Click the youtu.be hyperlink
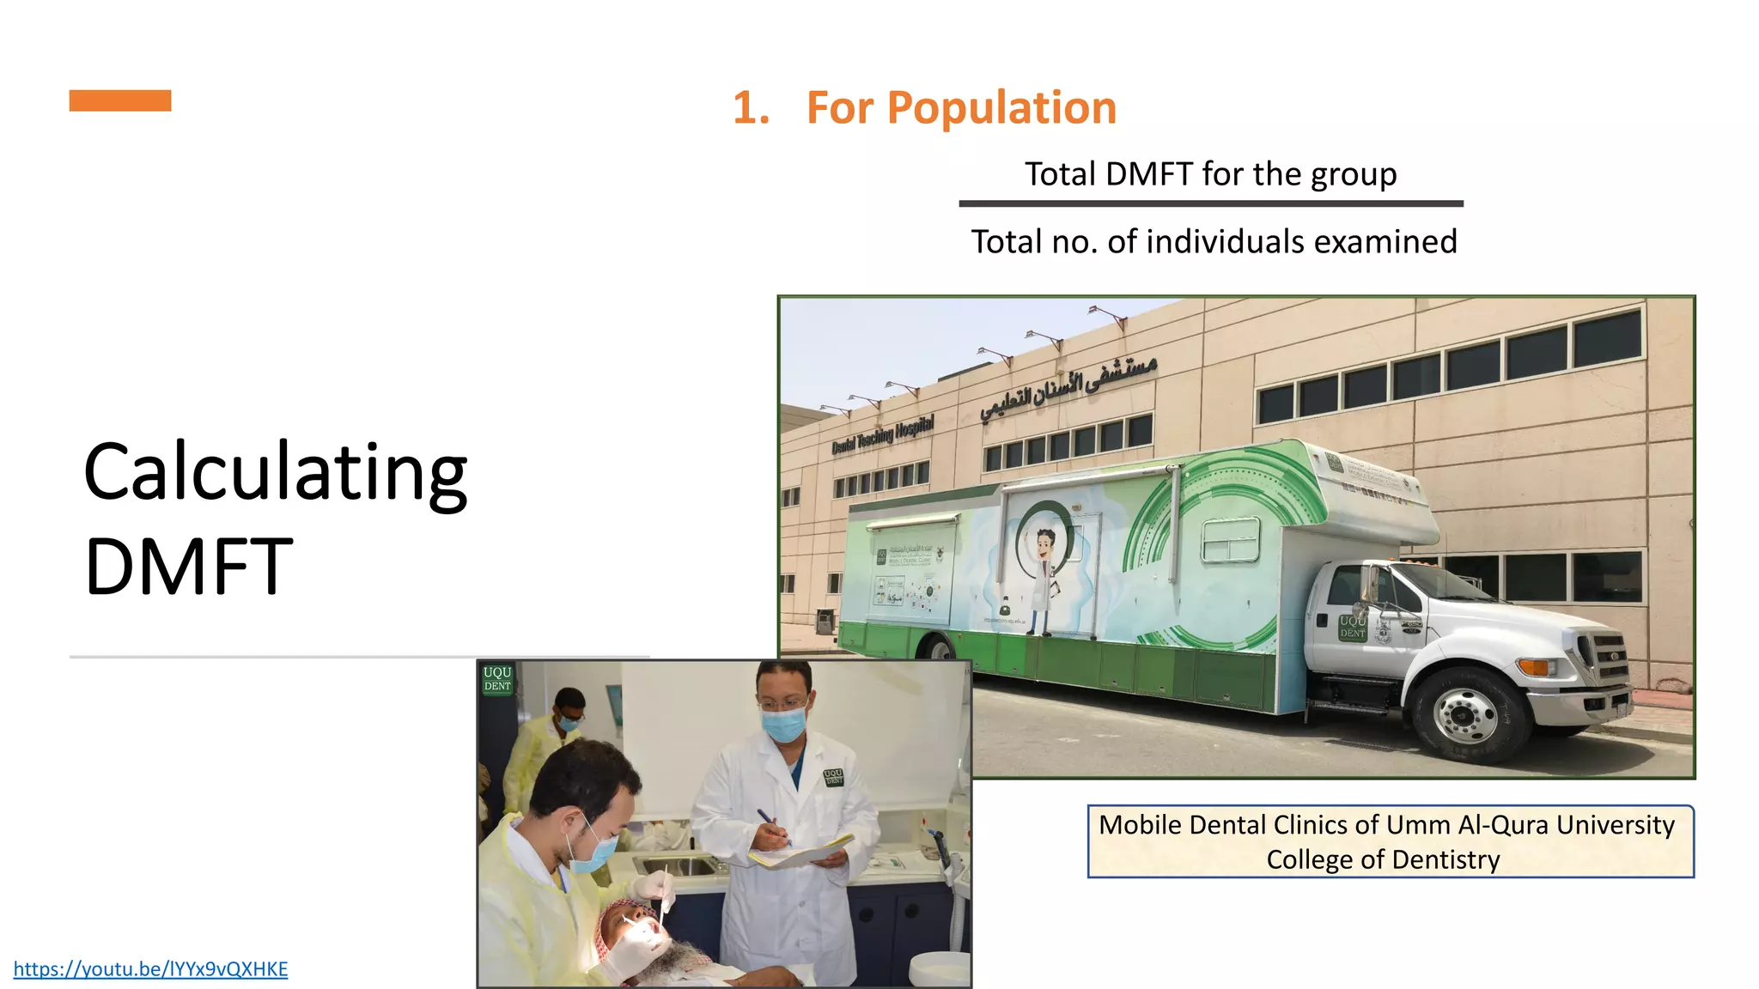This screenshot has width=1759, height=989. point(150,969)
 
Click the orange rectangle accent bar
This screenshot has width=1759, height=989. point(120,100)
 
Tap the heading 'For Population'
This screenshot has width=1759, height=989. point(961,108)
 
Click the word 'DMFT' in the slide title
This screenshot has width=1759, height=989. point(189,566)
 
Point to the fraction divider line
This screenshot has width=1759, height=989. point(1211,204)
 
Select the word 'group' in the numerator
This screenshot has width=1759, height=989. point(1352,175)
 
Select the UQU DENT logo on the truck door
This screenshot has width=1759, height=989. point(1352,627)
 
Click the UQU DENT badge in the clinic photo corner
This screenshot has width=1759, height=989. point(497,679)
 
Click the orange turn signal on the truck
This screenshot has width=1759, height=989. point(1534,666)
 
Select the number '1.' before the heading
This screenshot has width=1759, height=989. point(751,108)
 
